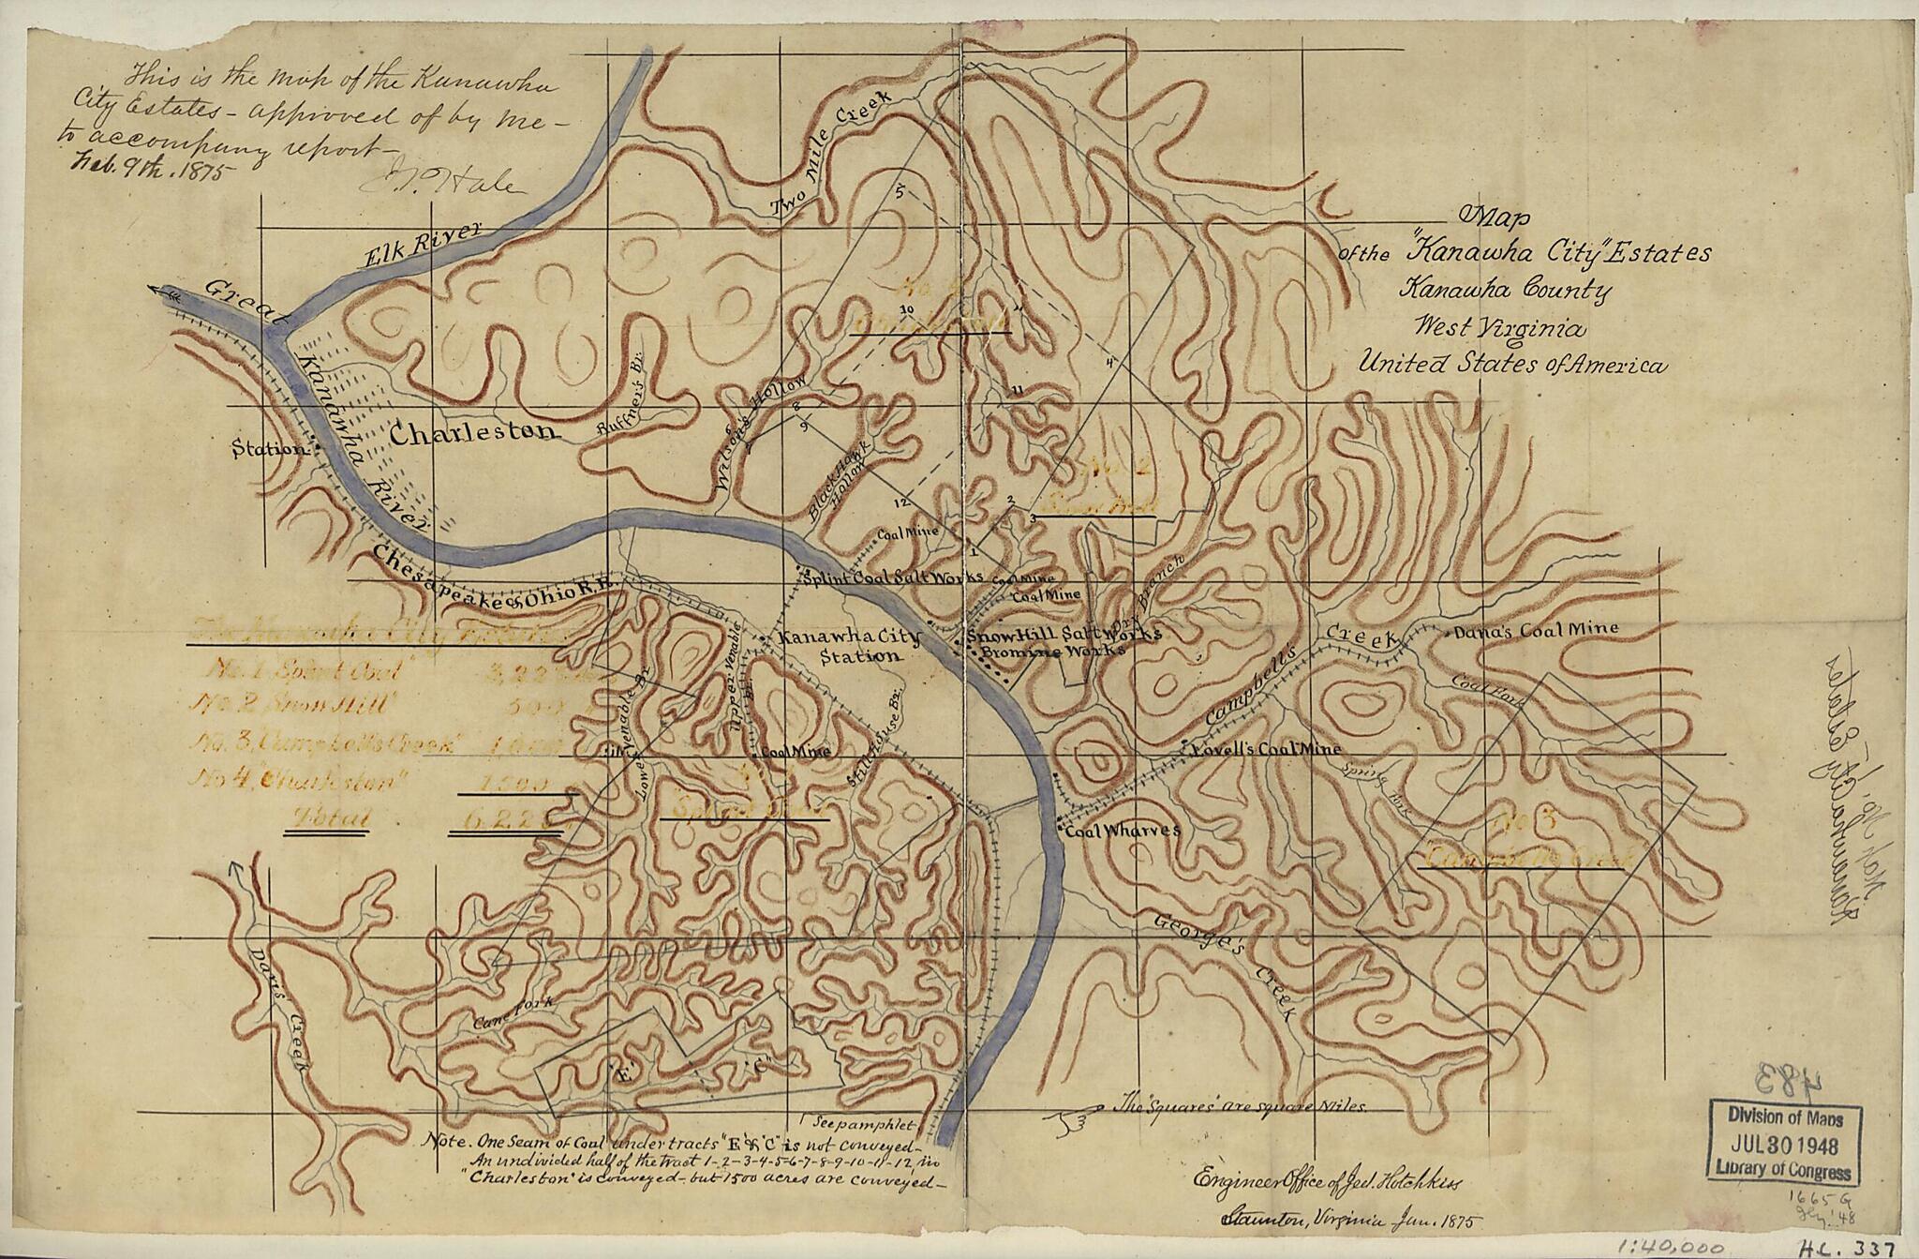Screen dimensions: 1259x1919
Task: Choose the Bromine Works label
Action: [1045, 650]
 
